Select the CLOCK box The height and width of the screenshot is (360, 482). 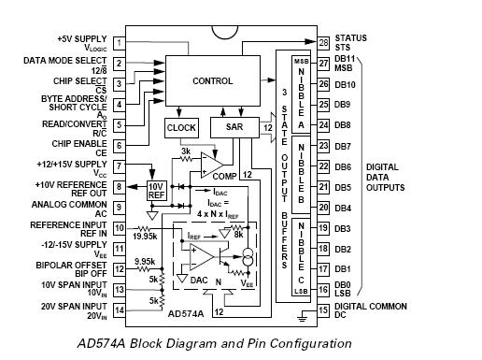181,127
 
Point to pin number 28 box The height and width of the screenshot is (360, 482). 322,43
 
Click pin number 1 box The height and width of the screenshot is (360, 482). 119,43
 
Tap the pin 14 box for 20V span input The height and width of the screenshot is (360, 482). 119,310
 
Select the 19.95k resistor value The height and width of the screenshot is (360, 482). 146,237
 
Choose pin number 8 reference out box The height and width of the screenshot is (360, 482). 119,187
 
